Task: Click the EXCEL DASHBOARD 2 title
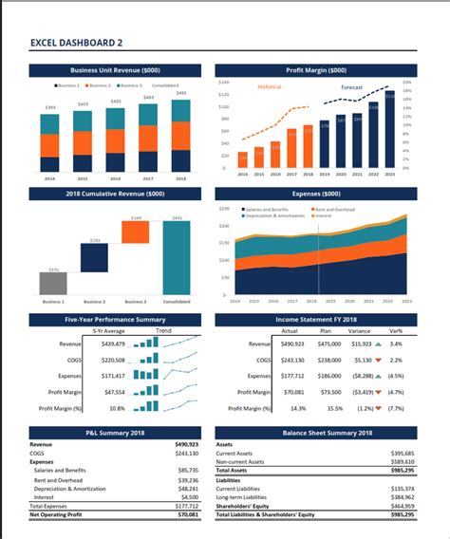click(76, 43)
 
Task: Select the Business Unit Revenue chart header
click(115, 70)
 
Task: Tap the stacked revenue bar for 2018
click(180, 135)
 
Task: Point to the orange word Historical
click(270, 87)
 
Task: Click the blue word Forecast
click(353, 87)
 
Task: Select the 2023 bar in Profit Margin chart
click(390, 128)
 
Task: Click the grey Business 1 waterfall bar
click(52, 283)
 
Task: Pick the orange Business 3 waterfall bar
click(136, 232)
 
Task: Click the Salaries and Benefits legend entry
click(269, 208)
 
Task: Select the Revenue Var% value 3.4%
click(395, 344)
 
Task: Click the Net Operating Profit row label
click(56, 513)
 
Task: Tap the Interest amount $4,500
click(189, 496)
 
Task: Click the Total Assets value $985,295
click(402, 471)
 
